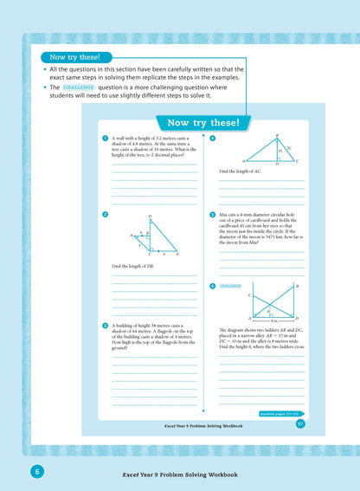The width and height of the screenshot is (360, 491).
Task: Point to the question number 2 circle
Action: click(x=104, y=214)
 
